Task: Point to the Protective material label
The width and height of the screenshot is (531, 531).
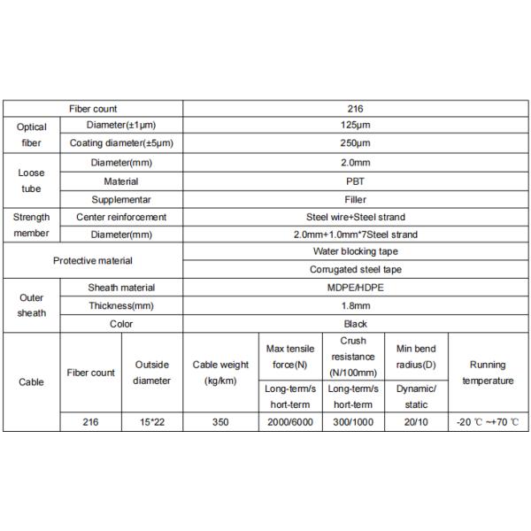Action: point(93,260)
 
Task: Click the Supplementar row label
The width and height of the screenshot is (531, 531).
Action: point(121,199)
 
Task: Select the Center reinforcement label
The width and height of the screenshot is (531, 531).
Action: point(121,217)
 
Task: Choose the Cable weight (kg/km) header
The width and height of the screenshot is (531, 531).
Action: point(220,373)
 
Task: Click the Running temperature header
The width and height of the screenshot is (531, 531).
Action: point(488,373)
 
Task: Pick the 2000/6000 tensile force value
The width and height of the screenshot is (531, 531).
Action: point(289,422)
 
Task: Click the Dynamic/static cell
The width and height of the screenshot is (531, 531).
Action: point(416,396)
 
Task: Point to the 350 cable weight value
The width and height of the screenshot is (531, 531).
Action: point(220,422)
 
